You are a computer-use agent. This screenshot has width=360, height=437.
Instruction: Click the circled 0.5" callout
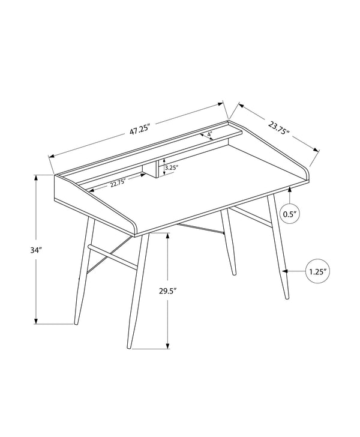290,213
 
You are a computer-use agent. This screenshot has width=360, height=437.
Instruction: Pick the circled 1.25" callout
317,272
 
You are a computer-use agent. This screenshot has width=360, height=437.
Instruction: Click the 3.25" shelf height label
172,168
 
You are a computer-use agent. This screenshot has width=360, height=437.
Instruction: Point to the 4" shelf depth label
209,134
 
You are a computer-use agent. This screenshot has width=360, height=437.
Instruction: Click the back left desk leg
83,270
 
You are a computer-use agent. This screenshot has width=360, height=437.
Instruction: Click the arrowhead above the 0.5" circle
290,189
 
